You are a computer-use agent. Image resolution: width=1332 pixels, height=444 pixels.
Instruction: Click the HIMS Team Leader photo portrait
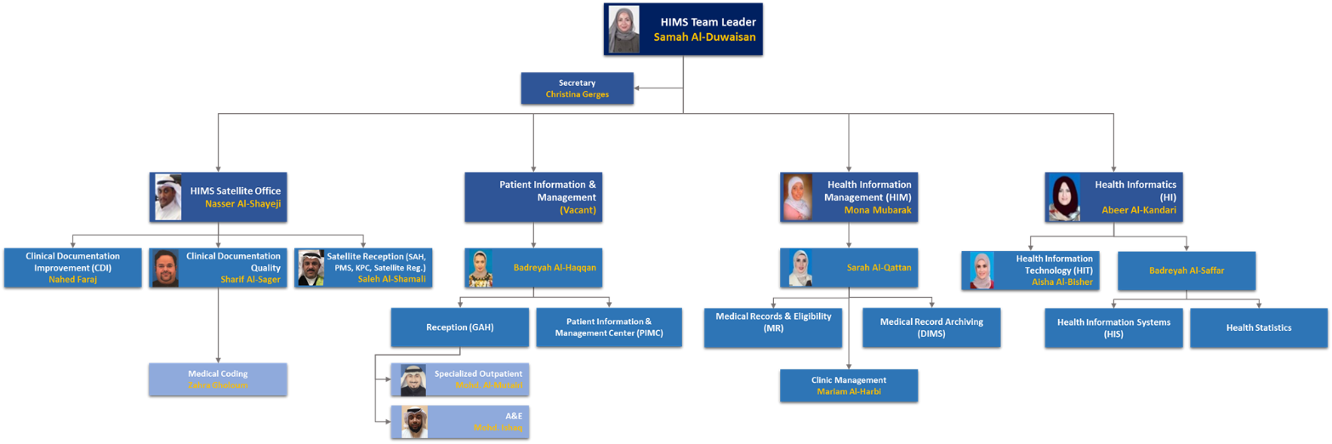[x=623, y=30]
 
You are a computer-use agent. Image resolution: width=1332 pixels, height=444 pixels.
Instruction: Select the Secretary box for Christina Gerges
[x=577, y=88]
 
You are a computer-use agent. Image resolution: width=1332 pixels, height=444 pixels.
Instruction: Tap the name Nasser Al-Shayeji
[x=242, y=204]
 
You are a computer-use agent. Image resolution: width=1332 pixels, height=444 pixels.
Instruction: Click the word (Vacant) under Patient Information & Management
[x=578, y=210]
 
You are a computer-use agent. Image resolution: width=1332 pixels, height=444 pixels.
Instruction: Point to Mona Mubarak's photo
[x=797, y=197]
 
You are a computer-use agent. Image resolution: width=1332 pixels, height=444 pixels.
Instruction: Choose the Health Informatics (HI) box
[x=1114, y=197]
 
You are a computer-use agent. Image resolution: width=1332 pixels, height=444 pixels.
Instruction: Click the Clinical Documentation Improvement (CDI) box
[x=72, y=267]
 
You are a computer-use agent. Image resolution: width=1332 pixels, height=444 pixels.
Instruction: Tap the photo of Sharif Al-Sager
[x=165, y=268]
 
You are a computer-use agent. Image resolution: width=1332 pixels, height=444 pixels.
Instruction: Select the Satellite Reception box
[x=363, y=267]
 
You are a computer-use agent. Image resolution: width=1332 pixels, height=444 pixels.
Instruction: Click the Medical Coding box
[x=218, y=379]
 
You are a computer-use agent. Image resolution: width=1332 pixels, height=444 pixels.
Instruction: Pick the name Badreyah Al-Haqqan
[x=555, y=267]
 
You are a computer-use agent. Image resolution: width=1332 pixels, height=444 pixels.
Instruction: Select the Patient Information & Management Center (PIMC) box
[x=608, y=327]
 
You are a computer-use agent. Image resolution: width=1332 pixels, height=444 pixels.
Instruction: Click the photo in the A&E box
[x=414, y=422]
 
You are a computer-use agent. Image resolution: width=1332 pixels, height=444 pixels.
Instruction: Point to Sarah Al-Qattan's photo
[x=800, y=267]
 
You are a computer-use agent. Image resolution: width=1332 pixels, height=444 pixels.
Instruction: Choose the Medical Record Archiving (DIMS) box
[x=931, y=327]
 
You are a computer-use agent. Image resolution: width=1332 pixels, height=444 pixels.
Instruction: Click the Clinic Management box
[x=849, y=385]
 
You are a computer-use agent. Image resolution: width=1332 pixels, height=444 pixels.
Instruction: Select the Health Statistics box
[x=1258, y=327]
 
